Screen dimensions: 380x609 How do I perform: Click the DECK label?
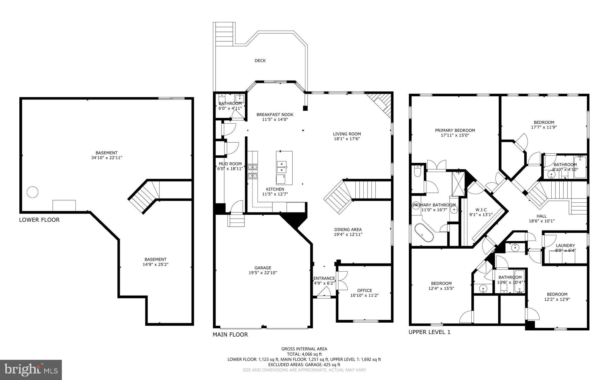pyautogui.click(x=260, y=61)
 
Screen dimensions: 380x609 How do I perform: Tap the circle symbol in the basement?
pyautogui.click(x=32, y=192)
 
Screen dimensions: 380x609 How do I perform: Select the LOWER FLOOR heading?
pyautogui.click(x=39, y=220)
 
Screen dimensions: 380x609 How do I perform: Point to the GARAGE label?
pyautogui.click(x=263, y=268)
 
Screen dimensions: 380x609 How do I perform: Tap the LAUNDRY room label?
pyautogui.click(x=565, y=245)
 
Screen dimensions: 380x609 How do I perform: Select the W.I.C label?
pyautogui.click(x=481, y=210)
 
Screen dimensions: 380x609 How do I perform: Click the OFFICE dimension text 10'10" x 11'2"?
pyautogui.click(x=364, y=295)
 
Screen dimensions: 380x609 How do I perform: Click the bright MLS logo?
pyautogui.click(x=31, y=370)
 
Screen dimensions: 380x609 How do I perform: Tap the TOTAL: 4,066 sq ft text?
pyautogui.click(x=304, y=354)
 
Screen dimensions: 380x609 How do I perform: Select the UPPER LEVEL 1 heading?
pyautogui.click(x=429, y=332)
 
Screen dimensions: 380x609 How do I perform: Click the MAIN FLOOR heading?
pyautogui.click(x=230, y=335)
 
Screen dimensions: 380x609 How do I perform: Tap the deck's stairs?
pyautogui.click(x=225, y=34)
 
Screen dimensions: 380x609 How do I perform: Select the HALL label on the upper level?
pyautogui.click(x=541, y=216)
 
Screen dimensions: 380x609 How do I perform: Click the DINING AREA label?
pyautogui.click(x=348, y=229)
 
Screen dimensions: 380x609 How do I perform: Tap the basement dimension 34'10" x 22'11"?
pyautogui.click(x=106, y=158)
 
